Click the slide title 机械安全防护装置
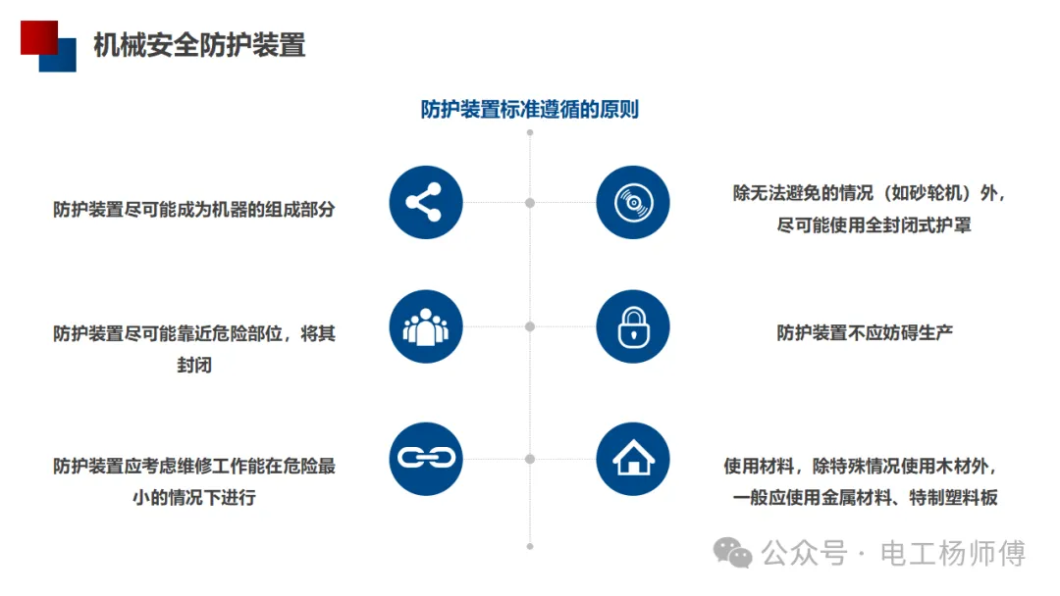coord(199,45)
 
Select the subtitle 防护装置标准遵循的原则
coord(530,109)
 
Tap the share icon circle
coord(425,203)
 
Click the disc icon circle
coord(633,203)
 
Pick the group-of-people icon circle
coord(425,326)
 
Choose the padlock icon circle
coord(633,326)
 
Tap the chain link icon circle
coord(425,458)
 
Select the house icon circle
coord(633,458)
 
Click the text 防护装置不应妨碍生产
coord(865,332)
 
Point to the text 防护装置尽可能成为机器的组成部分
coord(194,209)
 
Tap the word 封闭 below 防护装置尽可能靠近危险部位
coord(194,365)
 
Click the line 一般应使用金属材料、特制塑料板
coord(865,497)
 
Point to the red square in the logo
coord(37,37)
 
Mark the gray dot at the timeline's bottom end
coord(530,546)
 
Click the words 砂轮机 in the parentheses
coord(929,193)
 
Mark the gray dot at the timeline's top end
coord(530,131)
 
